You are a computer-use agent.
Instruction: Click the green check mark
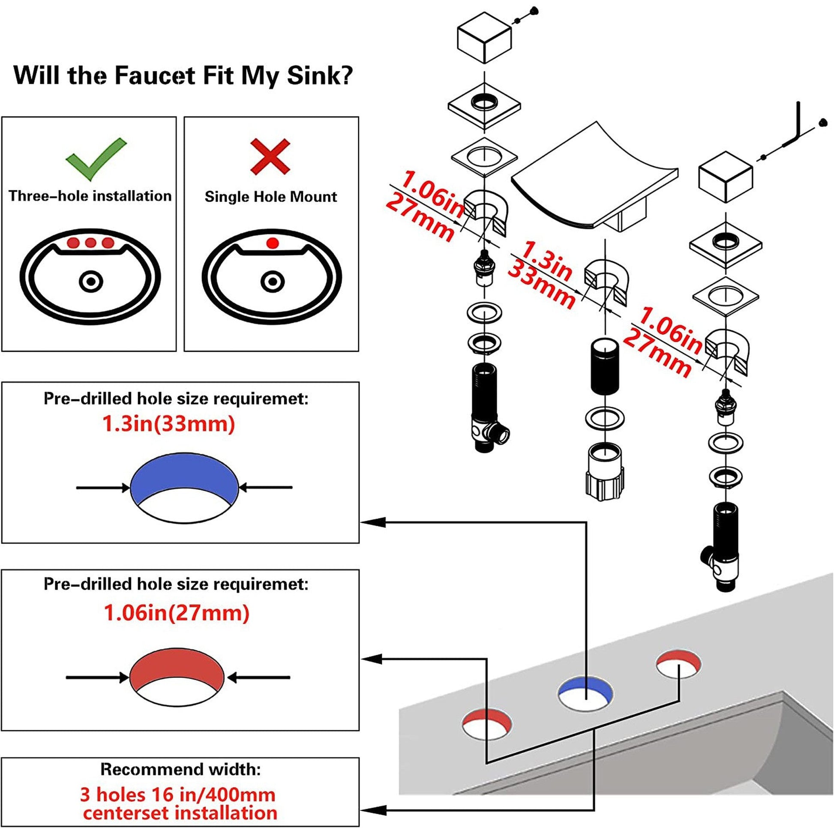[x=96, y=159]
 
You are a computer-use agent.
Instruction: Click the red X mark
[x=270, y=156]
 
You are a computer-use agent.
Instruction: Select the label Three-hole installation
[x=90, y=196]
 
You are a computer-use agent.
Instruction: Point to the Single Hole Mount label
[x=271, y=197]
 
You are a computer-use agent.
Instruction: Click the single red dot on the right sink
[x=272, y=243]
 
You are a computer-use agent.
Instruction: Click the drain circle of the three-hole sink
[x=91, y=282]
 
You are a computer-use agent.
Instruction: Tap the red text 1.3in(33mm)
[x=169, y=424]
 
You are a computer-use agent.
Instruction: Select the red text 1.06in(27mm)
[x=177, y=613]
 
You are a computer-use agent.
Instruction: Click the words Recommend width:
[x=180, y=769]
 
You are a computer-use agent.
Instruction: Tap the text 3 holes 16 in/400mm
[x=177, y=795]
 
